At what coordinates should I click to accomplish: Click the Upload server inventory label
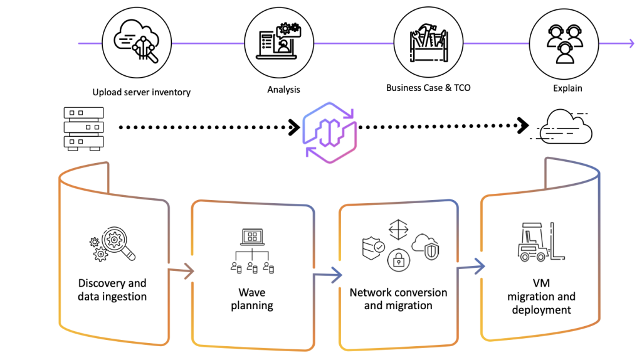[x=141, y=92]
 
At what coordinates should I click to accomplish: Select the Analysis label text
[x=283, y=90]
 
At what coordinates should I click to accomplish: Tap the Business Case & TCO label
[x=428, y=88]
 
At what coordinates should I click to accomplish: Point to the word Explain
[x=567, y=88]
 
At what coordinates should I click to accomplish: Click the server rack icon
[x=84, y=128]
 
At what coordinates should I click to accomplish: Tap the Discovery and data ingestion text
[x=112, y=289]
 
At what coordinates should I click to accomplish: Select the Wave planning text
[x=252, y=299]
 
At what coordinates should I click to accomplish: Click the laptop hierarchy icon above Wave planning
[x=252, y=250]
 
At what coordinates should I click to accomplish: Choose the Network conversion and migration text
[x=398, y=299]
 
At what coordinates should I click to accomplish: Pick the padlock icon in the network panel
[x=398, y=258]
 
